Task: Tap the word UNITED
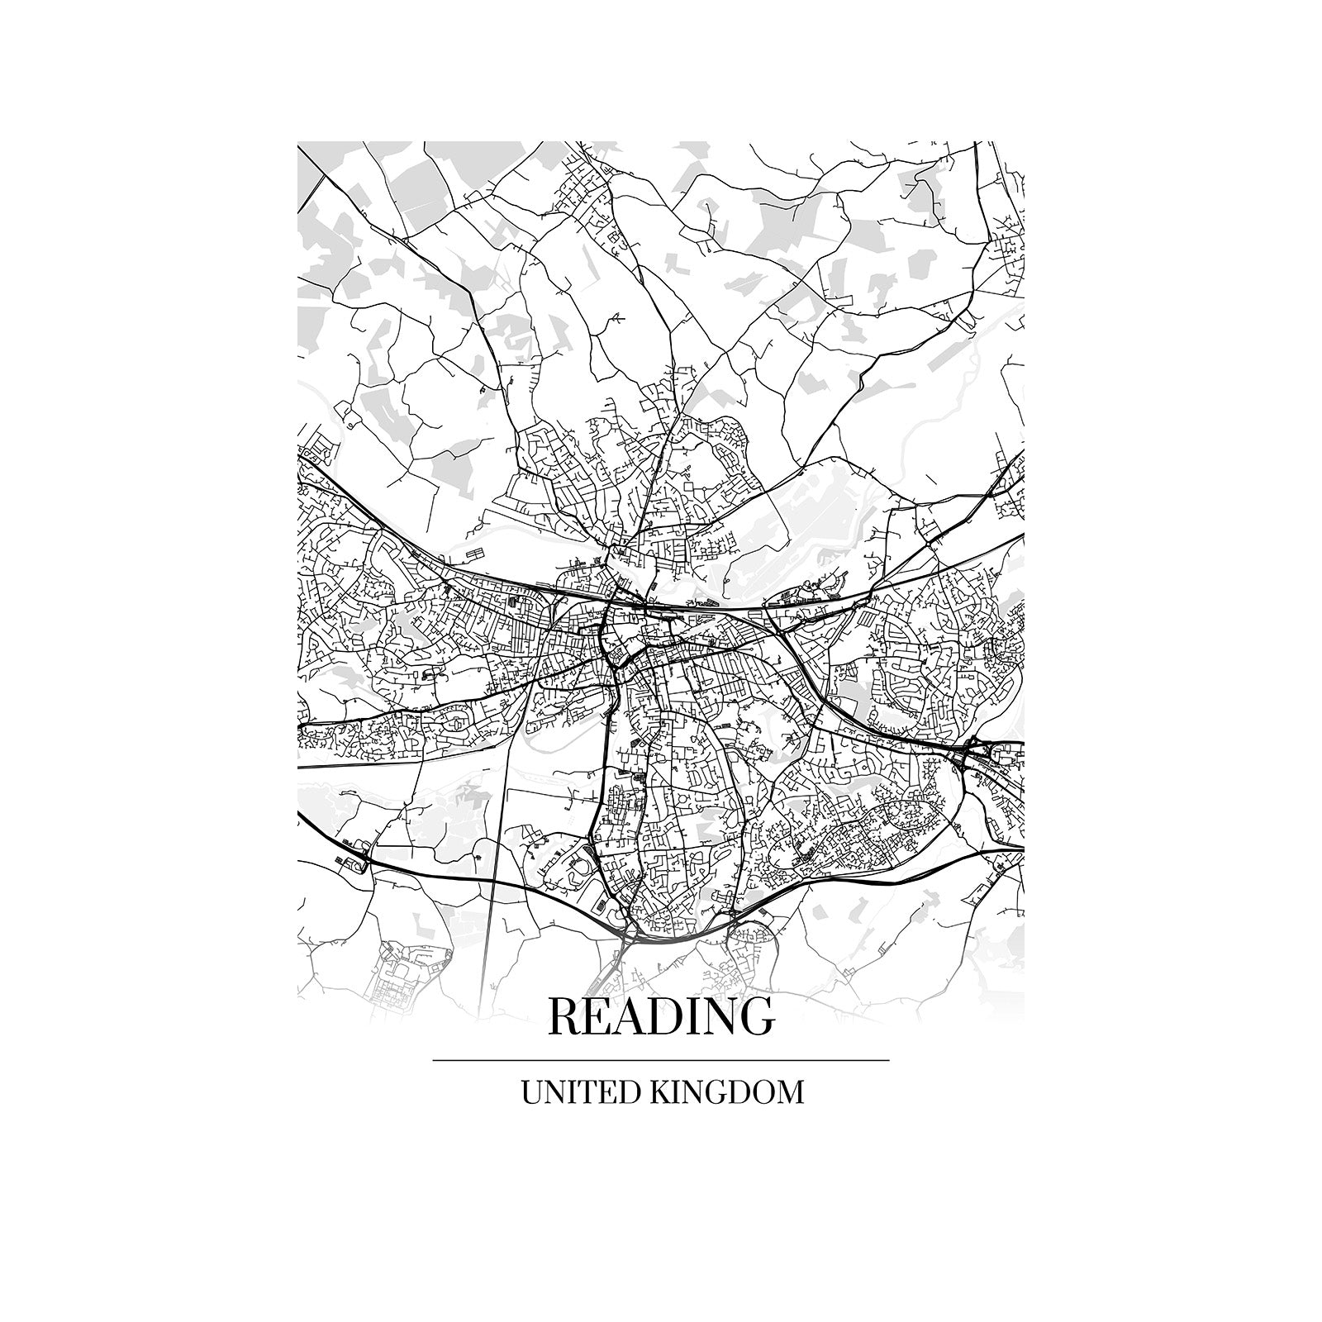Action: [x=579, y=1092]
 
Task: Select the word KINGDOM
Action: [x=727, y=1092]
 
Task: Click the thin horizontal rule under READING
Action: [x=661, y=1060]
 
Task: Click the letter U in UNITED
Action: [x=531, y=1092]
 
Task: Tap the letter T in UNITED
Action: [x=591, y=1092]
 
